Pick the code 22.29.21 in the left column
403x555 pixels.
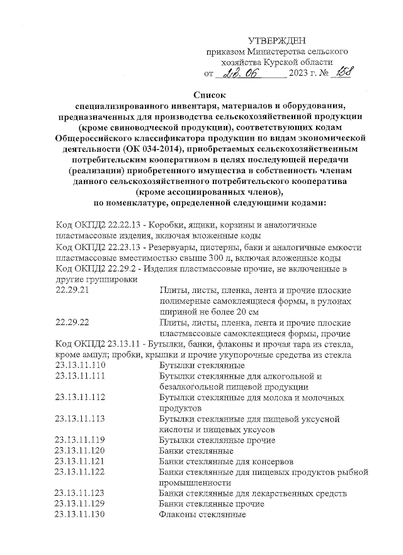(73, 290)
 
